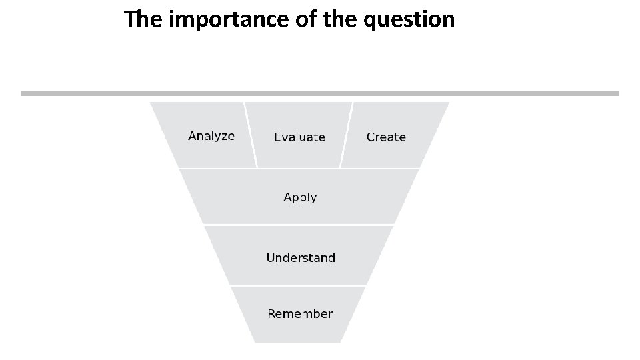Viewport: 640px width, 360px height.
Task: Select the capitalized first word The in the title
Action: (144, 20)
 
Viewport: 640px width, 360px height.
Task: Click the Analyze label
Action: (211, 136)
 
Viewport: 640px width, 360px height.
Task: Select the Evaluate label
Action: (299, 137)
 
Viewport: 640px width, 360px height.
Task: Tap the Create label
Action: (386, 137)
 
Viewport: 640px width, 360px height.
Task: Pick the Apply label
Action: (300, 197)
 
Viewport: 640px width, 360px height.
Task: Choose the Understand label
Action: (300, 258)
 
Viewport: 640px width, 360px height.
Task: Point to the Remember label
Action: (300, 314)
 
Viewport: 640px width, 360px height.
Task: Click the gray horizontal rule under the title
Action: (320, 93)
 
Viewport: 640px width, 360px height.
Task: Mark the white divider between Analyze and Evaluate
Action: (251, 135)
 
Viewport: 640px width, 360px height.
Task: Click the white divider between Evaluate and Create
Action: (346, 135)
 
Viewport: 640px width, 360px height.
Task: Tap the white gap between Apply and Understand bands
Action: (299, 225)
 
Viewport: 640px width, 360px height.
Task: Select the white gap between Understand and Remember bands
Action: (299, 285)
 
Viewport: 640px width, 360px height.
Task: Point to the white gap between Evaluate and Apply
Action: (299, 168)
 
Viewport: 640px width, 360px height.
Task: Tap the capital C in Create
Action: (371, 137)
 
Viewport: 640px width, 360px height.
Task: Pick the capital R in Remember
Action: (272, 314)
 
